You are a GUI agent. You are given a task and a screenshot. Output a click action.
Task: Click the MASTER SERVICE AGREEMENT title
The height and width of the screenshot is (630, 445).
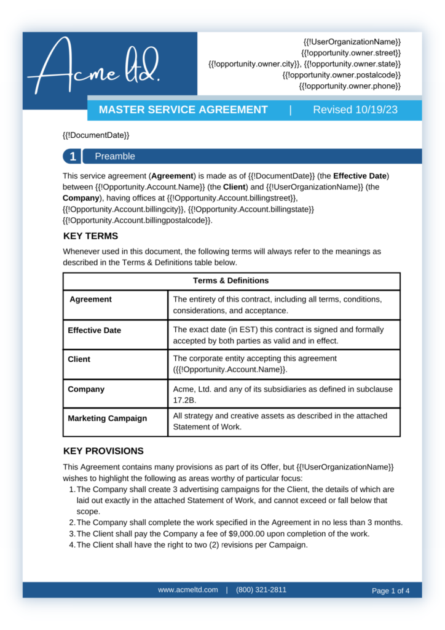click(183, 110)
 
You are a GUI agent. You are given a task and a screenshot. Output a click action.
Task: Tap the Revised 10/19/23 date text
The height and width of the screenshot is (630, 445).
click(355, 110)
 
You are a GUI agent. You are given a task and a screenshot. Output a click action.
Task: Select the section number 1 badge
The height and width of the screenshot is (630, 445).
click(73, 156)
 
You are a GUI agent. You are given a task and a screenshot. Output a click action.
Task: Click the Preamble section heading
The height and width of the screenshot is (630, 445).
click(115, 156)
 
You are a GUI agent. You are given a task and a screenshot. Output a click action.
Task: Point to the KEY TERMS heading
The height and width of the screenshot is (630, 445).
click(90, 236)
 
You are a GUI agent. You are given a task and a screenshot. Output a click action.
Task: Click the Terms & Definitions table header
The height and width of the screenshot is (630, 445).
click(231, 281)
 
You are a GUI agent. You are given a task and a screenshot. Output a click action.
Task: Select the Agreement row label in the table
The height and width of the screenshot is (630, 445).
click(90, 300)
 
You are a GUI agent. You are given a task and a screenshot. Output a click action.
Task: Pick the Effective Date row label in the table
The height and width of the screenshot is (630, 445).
click(94, 330)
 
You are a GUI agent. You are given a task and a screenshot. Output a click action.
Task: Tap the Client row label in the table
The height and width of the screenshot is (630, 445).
click(79, 359)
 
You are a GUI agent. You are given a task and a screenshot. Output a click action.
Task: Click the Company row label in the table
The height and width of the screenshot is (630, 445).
click(86, 389)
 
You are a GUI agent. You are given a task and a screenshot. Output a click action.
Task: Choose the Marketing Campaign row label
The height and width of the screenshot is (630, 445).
click(107, 418)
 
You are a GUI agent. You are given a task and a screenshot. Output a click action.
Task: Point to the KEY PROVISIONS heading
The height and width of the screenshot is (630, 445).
click(103, 451)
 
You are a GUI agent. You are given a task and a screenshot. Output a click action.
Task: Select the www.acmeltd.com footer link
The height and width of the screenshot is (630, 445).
click(187, 589)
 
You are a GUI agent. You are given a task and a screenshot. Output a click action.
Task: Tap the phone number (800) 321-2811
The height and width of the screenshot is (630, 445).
click(261, 589)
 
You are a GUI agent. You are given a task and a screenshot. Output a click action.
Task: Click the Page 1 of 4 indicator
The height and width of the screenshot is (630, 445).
click(390, 591)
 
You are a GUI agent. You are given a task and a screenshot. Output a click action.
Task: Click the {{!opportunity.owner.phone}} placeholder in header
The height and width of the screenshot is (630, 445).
click(350, 86)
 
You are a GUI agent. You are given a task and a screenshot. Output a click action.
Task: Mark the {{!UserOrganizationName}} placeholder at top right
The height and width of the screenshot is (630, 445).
click(352, 42)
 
